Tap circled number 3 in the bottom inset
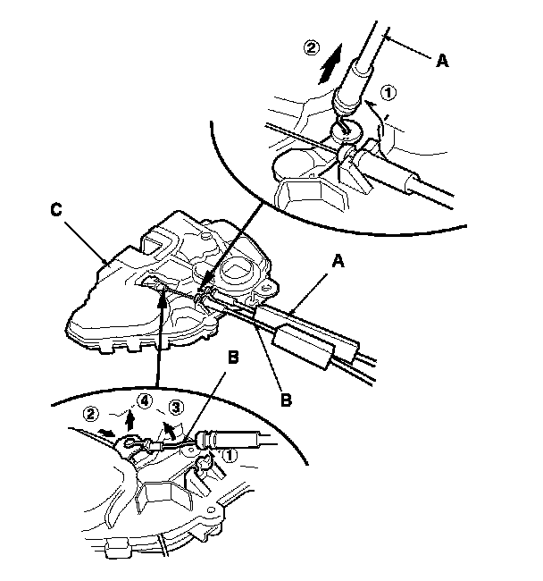[177, 408]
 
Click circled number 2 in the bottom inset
[91, 414]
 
